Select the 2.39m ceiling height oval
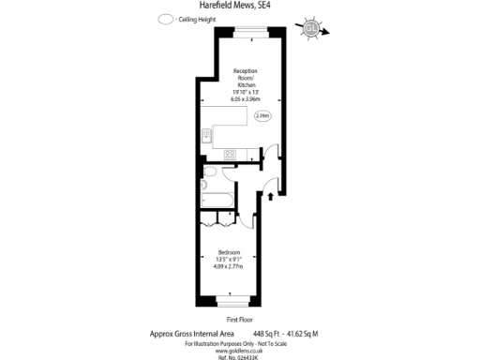pyautogui.click(x=262, y=116)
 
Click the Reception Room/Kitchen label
pyautogui.click(x=246, y=79)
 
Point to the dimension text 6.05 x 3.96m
pyautogui.click(x=246, y=98)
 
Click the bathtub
pyautogui.click(x=217, y=200)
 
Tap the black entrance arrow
pyautogui.click(x=272, y=196)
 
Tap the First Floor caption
pyautogui.click(x=240, y=321)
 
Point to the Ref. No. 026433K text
pyautogui.click(x=240, y=356)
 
